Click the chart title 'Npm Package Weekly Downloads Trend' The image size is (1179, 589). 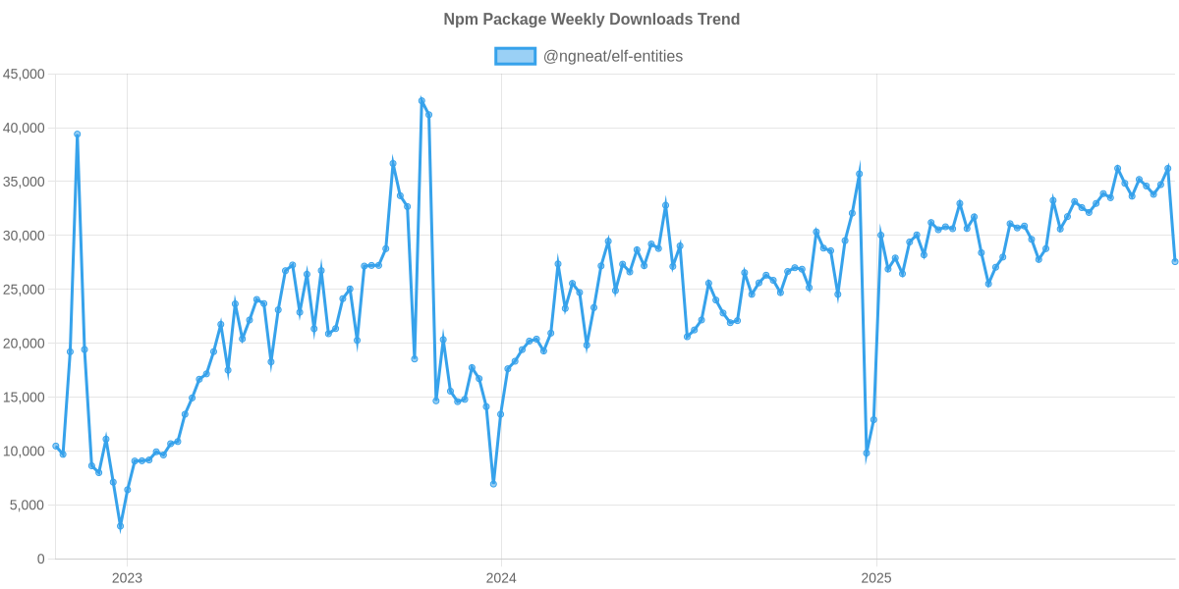tap(590, 20)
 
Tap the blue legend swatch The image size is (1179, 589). tap(515, 56)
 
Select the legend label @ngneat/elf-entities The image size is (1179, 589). tap(612, 56)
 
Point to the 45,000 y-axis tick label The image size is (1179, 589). tap(25, 74)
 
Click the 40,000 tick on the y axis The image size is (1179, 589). tap(25, 128)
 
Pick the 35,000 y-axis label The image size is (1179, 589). tap(25, 182)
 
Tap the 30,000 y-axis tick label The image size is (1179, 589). tap(25, 236)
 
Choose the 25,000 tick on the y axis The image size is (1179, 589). tap(25, 290)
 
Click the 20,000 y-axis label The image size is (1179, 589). tap(25, 344)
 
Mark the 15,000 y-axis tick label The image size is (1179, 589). tap(25, 398)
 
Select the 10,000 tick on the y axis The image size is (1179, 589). tap(25, 452)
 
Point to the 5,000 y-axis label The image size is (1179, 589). tap(28, 506)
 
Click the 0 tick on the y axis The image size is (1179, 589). tap(40, 560)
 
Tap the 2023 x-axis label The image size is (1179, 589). tap(127, 578)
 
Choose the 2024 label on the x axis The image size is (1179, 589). tap(501, 578)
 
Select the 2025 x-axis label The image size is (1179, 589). tap(875, 578)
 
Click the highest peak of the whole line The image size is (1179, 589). tap(421, 100)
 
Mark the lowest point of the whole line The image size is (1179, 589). tap(120, 527)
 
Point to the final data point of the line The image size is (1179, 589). tap(1175, 261)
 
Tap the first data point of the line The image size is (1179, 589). tap(55, 446)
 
